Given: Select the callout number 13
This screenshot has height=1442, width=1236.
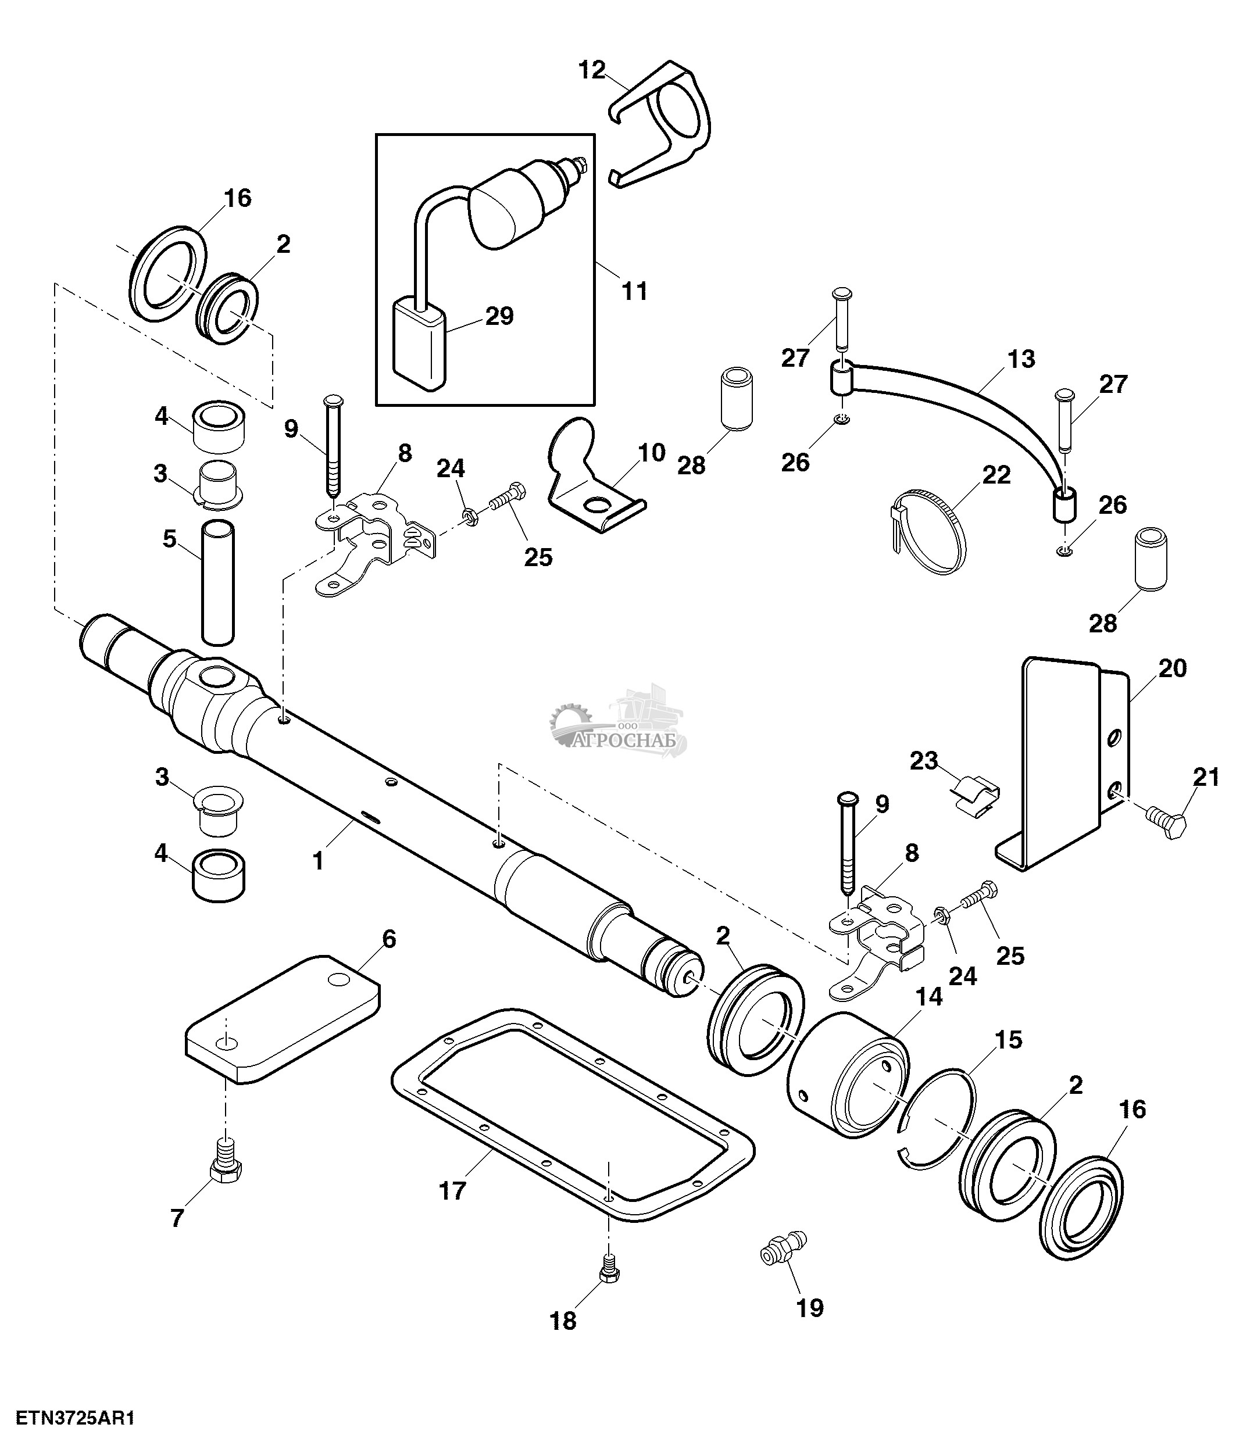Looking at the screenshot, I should click(x=1020, y=360).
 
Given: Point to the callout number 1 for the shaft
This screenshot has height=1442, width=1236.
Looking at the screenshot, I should click(x=318, y=861).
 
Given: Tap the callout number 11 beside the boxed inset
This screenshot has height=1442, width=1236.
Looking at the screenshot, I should click(x=634, y=291).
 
